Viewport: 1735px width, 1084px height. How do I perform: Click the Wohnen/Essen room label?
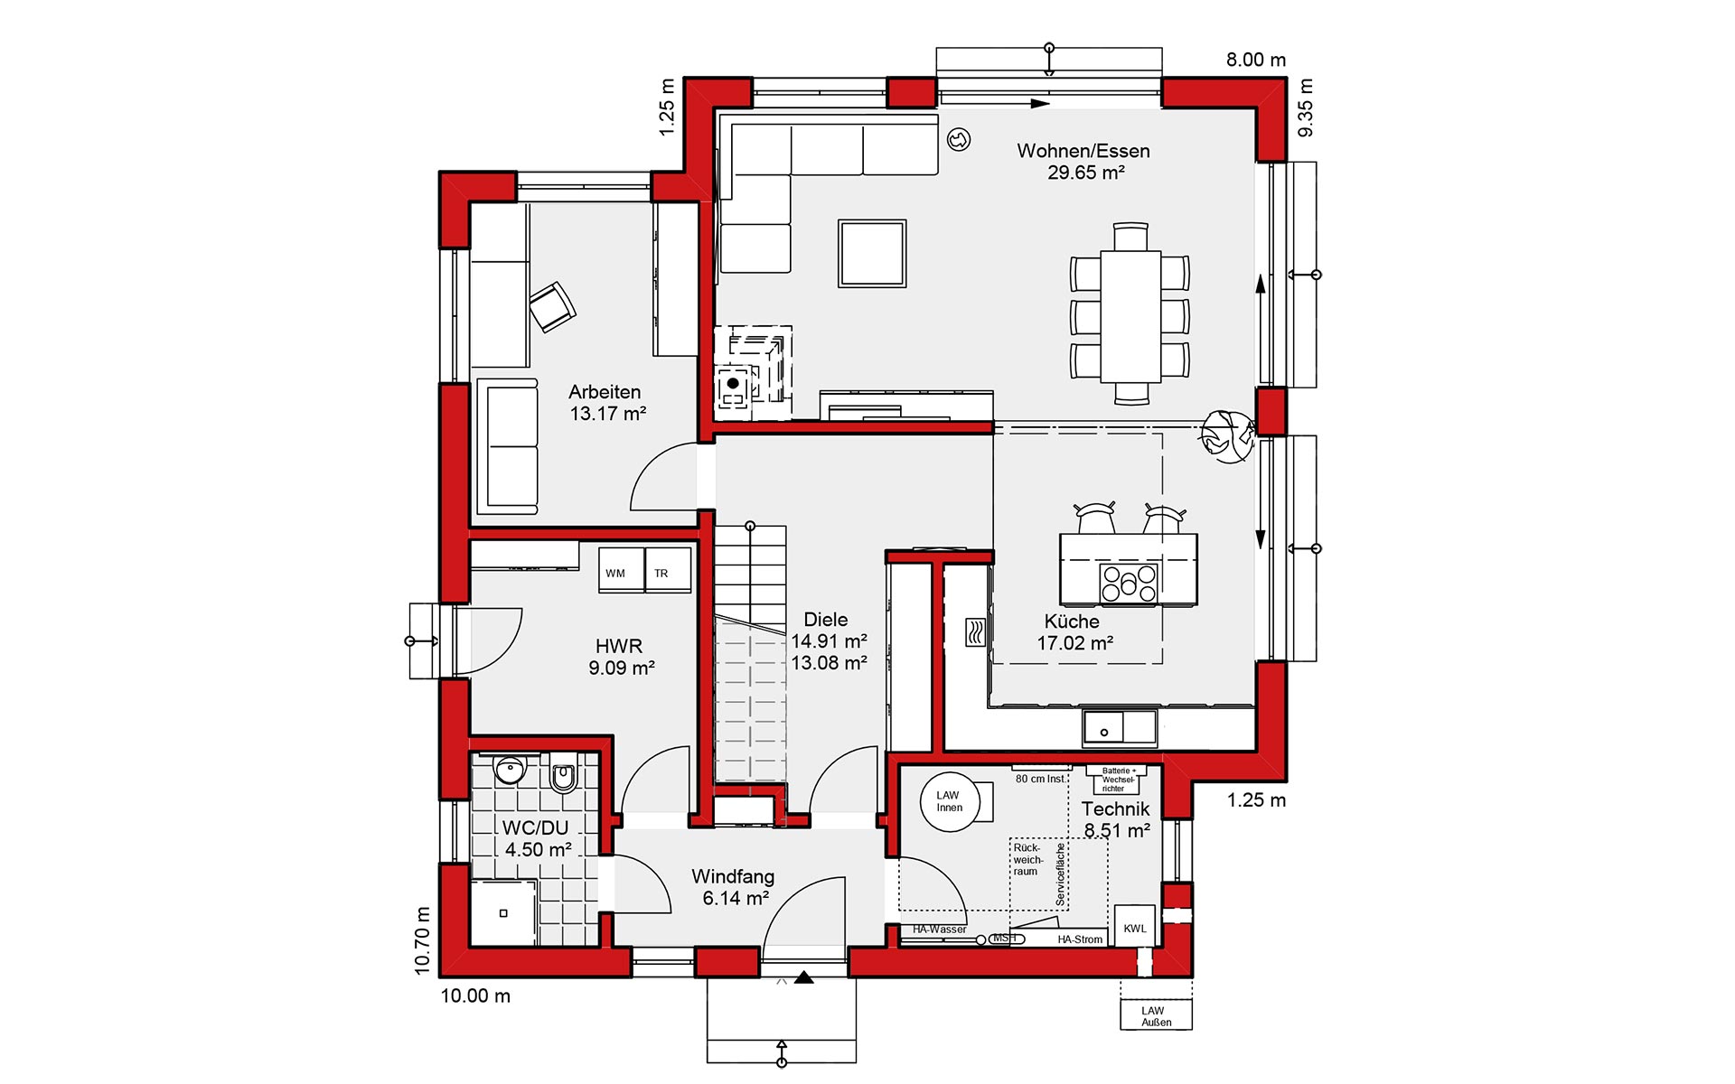tap(1083, 151)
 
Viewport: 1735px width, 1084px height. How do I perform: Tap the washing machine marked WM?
tap(621, 570)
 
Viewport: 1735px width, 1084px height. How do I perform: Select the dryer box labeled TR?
tap(669, 570)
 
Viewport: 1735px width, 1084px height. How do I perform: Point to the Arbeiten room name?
tap(605, 392)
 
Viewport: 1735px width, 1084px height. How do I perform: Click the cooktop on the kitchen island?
tap(1129, 582)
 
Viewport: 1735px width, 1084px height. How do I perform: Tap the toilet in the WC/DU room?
tap(563, 774)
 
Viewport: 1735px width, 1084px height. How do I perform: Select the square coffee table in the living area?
tap(872, 253)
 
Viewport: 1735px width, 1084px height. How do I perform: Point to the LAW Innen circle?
tap(949, 801)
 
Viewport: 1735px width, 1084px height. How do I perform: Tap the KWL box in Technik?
tap(1135, 927)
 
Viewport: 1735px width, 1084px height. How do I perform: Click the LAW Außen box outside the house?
tap(1156, 1015)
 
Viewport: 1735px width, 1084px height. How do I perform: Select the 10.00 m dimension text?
tap(475, 996)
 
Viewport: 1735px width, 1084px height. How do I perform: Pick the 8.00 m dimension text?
tap(1256, 60)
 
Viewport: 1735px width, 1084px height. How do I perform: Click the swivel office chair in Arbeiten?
tap(551, 306)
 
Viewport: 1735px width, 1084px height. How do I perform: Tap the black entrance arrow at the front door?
tap(804, 977)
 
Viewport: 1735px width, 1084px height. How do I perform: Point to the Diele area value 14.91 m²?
tap(830, 641)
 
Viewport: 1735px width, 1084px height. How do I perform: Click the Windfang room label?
tap(733, 876)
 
